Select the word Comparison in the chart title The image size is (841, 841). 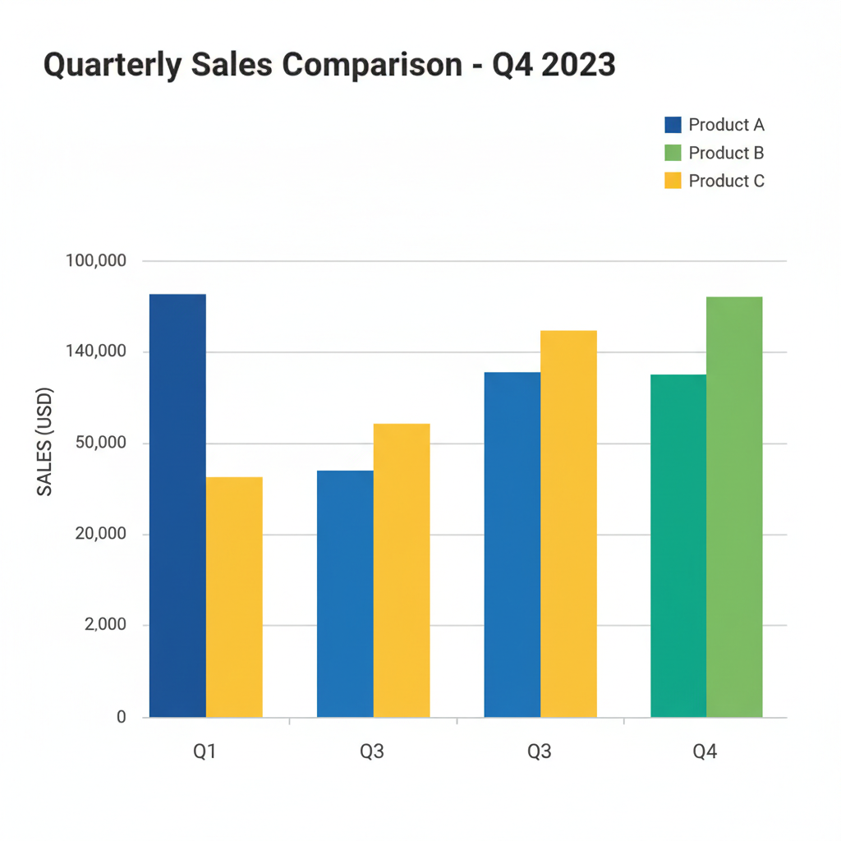click(371, 65)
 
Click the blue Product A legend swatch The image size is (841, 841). click(673, 125)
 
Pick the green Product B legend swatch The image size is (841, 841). click(673, 153)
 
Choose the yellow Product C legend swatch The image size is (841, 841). click(673, 181)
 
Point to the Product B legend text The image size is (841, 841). click(726, 153)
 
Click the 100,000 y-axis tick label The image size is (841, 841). click(96, 261)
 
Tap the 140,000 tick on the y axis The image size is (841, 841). click(96, 352)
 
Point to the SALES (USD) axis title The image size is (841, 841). click(44, 441)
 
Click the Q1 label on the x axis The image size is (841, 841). click(205, 752)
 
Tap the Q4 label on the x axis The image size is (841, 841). click(705, 752)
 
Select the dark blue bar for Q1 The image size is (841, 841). click(177, 505)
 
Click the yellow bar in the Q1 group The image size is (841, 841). click(234, 597)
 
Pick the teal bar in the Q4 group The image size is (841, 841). click(678, 545)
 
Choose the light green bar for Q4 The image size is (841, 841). click(734, 507)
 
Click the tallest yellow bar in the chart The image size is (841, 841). click(568, 523)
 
